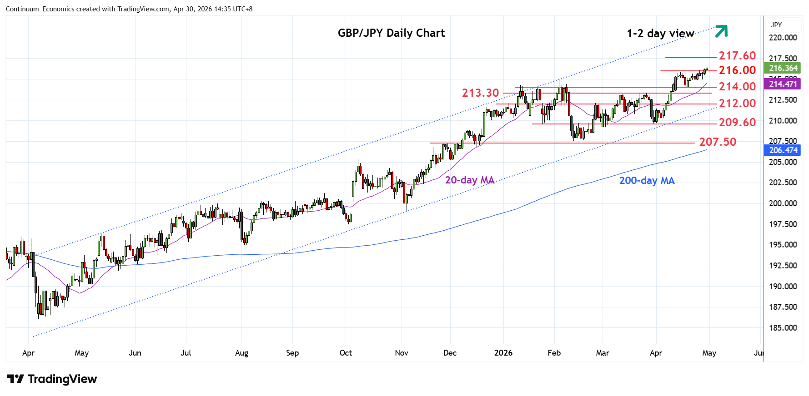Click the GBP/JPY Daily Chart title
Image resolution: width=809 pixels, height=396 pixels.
391,33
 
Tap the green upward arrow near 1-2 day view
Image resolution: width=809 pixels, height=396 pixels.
721,31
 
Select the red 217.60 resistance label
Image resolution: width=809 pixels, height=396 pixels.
737,56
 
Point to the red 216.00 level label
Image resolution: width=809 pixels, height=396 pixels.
737,70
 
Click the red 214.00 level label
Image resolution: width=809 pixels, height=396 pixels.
737,87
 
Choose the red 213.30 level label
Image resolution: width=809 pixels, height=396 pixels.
480,93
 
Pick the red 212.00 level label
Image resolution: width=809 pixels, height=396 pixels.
737,104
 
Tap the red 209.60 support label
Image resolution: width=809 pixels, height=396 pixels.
737,123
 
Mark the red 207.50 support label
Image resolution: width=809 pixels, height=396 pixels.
717,142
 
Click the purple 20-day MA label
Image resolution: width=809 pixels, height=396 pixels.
469,180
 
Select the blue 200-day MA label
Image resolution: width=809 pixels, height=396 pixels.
647,181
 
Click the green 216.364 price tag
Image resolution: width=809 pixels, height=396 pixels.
783,68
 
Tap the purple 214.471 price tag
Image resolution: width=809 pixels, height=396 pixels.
783,84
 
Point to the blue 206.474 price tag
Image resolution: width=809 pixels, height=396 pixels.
783,150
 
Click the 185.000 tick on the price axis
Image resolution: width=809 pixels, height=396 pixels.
782,328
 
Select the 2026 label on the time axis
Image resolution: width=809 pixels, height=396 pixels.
503,353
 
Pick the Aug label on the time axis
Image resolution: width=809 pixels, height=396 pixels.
241,353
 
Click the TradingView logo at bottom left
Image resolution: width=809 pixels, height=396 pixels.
52,379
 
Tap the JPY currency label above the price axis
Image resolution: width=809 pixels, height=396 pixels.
776,25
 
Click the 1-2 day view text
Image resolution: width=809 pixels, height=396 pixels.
660,34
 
